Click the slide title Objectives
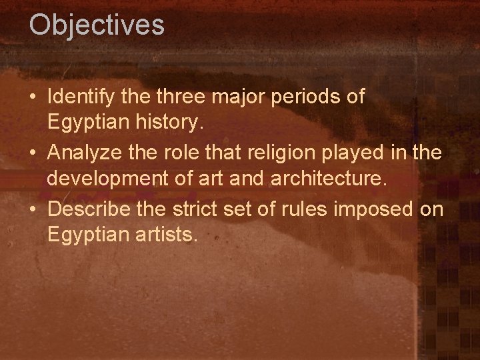(97, 25)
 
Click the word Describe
(85, 209)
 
